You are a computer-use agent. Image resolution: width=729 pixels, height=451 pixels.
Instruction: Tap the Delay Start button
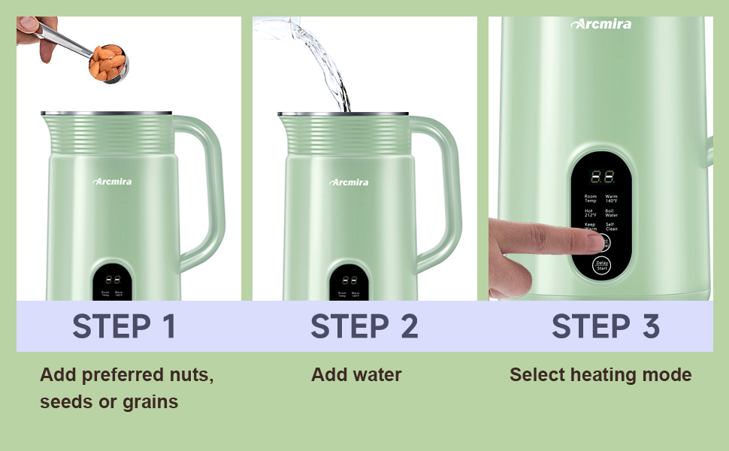pos(601,265)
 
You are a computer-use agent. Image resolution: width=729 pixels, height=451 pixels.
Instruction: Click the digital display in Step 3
pos(602,177)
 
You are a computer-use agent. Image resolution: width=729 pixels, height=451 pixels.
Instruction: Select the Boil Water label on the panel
pos(611,213)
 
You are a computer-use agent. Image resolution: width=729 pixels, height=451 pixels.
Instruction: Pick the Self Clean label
pos(611,226)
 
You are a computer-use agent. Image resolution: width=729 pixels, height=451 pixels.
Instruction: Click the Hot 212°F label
pos(590,213)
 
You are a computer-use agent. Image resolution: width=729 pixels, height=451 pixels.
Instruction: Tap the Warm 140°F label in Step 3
pos(611,199)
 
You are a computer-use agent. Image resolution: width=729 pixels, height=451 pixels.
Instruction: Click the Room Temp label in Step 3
pos(590,199)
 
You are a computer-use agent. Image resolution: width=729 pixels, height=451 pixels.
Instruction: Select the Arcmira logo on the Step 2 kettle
pos(349,182)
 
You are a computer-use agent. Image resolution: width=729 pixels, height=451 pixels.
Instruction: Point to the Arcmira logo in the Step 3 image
pos(601,24)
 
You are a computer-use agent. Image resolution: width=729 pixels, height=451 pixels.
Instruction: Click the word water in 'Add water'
pos(377,374)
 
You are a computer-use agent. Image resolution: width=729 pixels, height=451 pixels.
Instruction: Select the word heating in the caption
pos(600,374)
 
